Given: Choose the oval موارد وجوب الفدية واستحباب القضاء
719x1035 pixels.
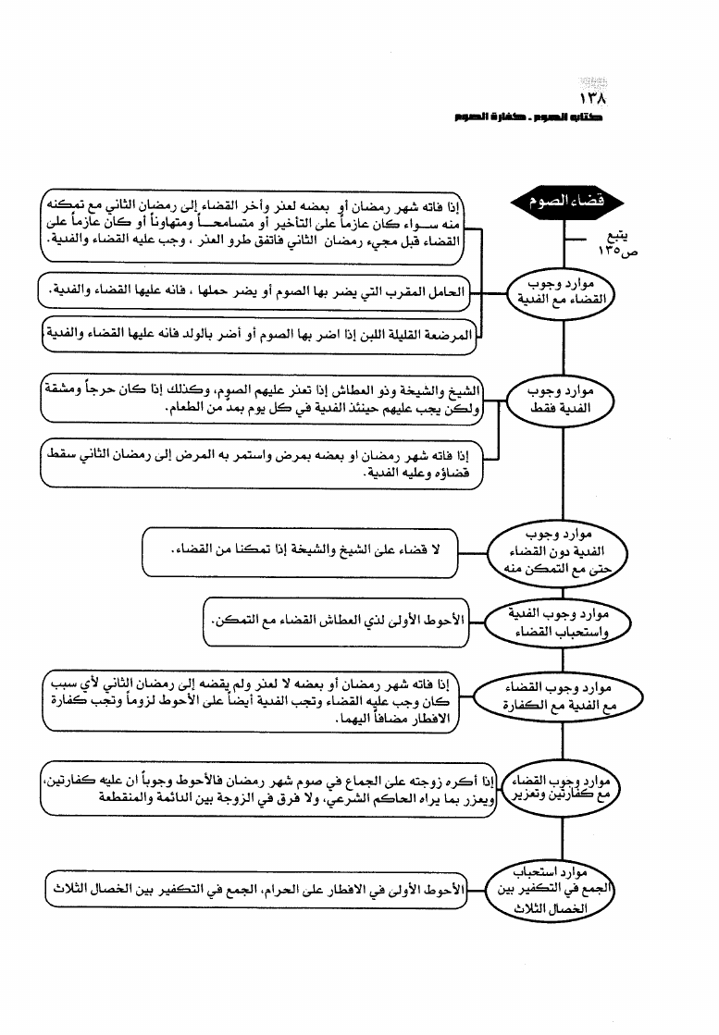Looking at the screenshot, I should click(564, 622).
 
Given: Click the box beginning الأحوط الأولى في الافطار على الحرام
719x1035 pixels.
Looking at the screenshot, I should click(255, 889).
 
